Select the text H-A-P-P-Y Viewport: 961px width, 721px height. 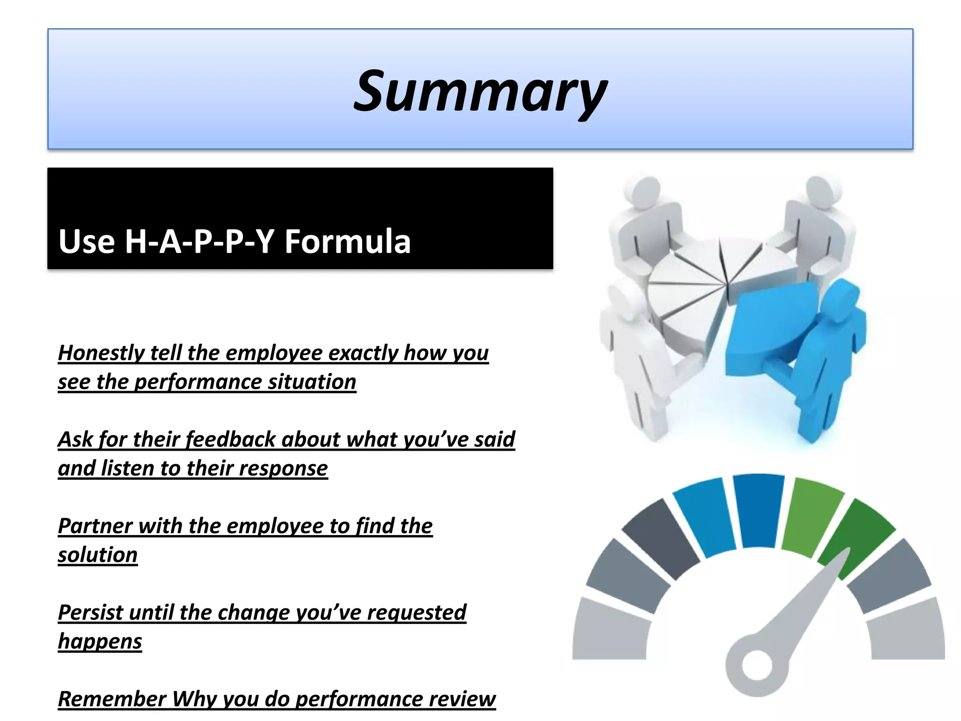pyautogui.click(x=199, y=241)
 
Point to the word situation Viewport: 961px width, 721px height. pyautogui.click(x=312, y=382)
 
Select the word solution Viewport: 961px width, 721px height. pyautogui.click(x=98, y=555)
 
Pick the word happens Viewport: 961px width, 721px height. pyautogui.click(x=99, y=642)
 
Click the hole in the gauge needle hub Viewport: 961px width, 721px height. pyautogui.click(x=756, y=665)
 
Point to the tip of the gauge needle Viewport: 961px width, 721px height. pyautogui.click(x=847, y=550)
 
